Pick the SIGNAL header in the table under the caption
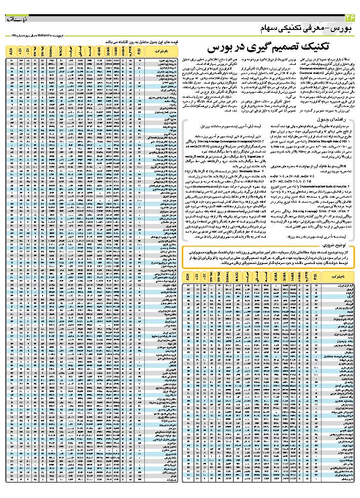(51, 51)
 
